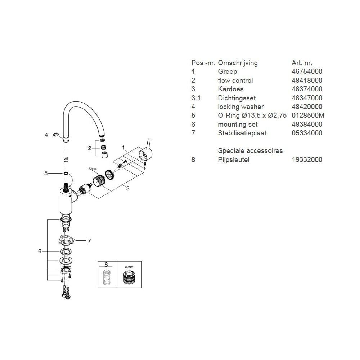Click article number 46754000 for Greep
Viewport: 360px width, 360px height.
pyautogui.click(x=307, y=72)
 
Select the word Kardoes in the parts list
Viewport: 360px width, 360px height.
pyautogui.click(x=231, y=89)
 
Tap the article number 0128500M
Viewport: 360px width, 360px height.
pyautogui.click(x=307, y=116)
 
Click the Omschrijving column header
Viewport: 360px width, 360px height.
pyautogui.click(x=238, y=63)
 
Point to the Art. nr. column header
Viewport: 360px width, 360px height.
pyautogui.click(x=302, y=63)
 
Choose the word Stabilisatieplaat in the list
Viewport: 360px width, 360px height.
pyautogui.click(x=242, y=133)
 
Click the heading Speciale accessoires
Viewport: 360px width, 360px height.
pyautogui.click(x=251, y=151)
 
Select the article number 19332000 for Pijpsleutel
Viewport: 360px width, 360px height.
pyautogui.click(x=307, y=159)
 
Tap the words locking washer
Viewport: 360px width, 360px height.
pyautogui.click(x=241, y=107)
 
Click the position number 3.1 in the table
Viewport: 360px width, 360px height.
pyautogui.click(x=196, y=98)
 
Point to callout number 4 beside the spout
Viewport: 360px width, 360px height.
pyautogui.click(x=46, y=135)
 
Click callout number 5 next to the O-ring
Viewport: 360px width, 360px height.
pyautogui.click(x=46, y=174)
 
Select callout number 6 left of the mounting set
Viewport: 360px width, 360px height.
pyautogui.click(x=40, y=252)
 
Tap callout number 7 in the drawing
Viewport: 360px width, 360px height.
pyautogui.click(x=89, y=241)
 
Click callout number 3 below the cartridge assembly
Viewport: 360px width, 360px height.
pyautogui.click(x=127, y=189)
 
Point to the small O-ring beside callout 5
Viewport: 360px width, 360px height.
pyautogui.click(x=66, y=174)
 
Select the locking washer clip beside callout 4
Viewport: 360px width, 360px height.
pyautogui.click(x=56, y=135)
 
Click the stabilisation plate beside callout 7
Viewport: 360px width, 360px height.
pyautogui.click(x=65, y=239)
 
